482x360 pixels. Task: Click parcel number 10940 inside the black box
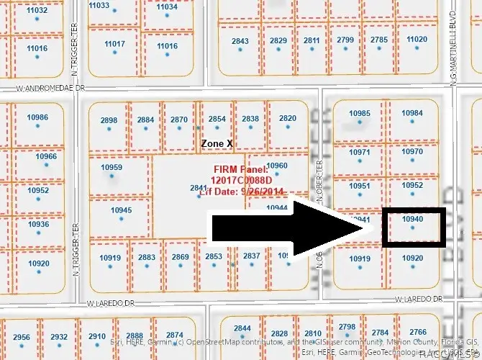(412, 218)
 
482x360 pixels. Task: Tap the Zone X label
(217, 143)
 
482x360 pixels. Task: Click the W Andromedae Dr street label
(50, 89)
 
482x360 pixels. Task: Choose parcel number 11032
(37, 11)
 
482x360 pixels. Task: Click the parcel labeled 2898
(109, 120)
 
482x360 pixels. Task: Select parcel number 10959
(112, 168)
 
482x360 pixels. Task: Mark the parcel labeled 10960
(277, 166)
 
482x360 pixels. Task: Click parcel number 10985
(360, 114)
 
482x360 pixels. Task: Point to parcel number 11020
(417, 39)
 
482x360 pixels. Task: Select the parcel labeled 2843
(240, 41)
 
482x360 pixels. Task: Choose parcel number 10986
(37, 117)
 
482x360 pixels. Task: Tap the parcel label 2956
(22, 337)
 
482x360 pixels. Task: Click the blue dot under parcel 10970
(412, 162)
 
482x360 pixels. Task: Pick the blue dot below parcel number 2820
(287, 129)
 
